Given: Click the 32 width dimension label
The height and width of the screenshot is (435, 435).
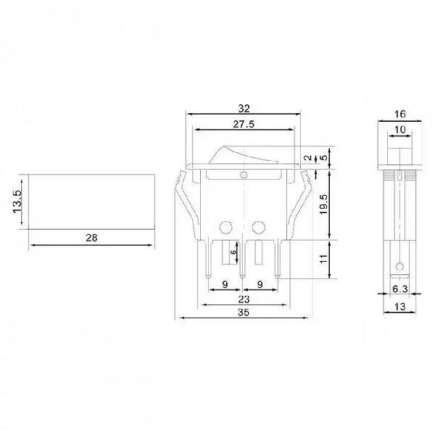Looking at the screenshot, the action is click(x=244, y=109).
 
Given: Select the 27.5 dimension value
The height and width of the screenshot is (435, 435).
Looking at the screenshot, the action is click(x=244, y=124).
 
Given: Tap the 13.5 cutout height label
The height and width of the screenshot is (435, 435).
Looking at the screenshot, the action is click(x=17, y=202).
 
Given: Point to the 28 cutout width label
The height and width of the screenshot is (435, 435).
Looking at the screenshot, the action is click(x=91, y=238).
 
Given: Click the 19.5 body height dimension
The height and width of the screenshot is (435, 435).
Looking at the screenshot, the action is click(x=323, y=204).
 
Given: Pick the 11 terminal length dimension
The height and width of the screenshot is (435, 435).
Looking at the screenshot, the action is click(x=323, y=259).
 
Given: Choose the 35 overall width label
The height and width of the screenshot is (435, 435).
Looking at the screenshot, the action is click(x=244, y=312).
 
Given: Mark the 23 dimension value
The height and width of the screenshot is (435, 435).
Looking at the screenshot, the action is click(x=244, y=299).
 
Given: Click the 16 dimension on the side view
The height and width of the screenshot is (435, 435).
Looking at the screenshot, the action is click(x=399, y=114).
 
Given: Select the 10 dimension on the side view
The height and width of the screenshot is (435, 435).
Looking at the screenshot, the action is click(x=399, y=130).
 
